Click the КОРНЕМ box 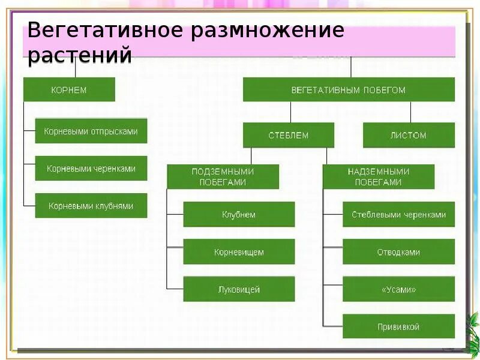coord(69,90)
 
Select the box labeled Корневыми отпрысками coord(91,131)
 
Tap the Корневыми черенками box coord(91,169)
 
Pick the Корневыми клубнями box coord(91,206)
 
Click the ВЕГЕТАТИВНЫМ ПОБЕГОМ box coord(349,90)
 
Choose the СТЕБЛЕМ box coord(289,135)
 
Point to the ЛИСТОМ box coord(409,135)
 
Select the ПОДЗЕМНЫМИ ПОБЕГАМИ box coord(223,176)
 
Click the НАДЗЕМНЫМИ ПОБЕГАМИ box coord(379,176)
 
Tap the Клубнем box coord(239,214)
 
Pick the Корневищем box coord(239,252)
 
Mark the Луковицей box coord(239,289)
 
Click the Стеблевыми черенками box coord(398,214)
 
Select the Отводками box coord(398,252)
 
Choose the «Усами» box coord(398,289)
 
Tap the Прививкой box coord(398,326)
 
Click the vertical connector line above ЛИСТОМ coord(410,112)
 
